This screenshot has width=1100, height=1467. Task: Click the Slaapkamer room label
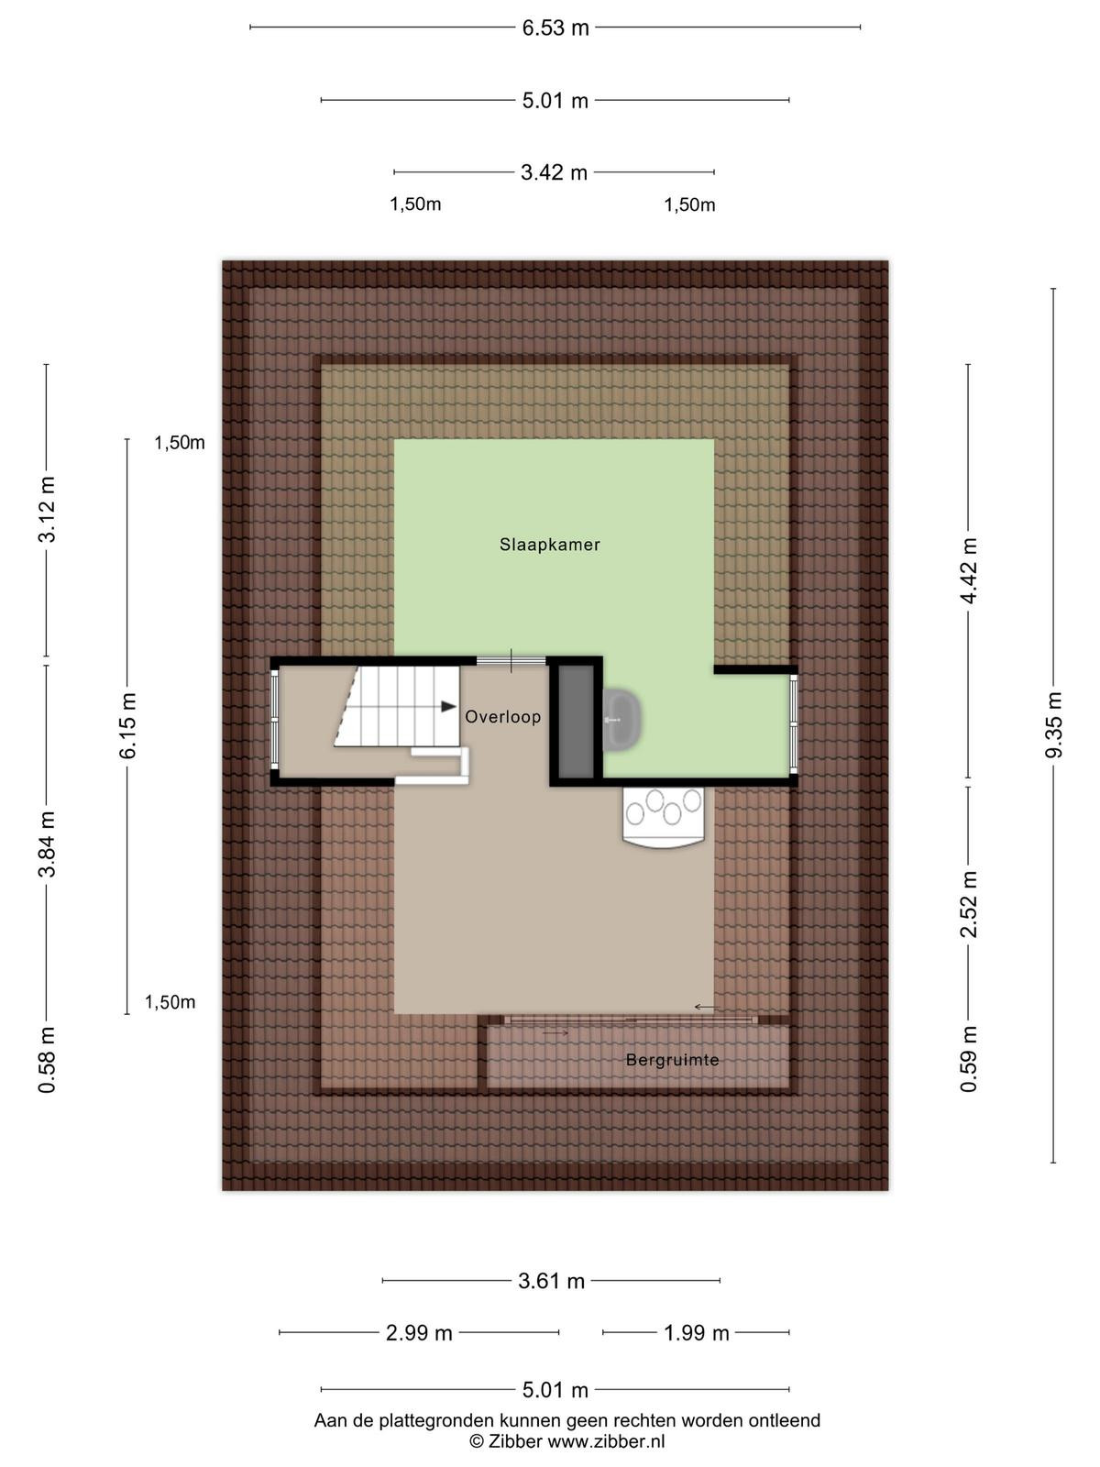[x=550, y=545]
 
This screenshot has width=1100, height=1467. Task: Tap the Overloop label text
[x=503, y=717]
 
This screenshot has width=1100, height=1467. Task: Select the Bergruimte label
[x=673, y=1059]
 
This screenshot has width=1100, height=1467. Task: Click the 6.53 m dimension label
[x=555, y=28]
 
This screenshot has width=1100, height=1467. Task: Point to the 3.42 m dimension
[x=555, y=172]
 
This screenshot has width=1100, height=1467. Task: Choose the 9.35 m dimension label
[x=1054, y=725]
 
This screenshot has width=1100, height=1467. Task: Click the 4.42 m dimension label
[x=968, y=571]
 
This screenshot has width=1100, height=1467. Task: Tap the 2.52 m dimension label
[x=968, y=904]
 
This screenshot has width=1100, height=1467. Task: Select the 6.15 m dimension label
[x=126, y=725]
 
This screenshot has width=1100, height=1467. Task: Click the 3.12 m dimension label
[x=47, y=509]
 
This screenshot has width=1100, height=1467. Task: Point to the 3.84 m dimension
[x=47, y=844]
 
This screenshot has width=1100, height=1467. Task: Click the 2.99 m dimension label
[x=420, y=1333]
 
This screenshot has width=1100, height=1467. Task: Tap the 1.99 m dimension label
[x=697, y=1333]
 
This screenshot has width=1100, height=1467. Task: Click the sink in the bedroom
[x=622, y=720]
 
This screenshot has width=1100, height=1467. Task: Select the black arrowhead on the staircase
[x=449, y=706]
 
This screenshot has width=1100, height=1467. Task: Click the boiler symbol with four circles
[x=664, y=818]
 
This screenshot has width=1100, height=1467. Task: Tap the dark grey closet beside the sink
[x=576, y=722]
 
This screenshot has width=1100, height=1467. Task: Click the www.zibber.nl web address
[x=607, y=1441]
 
